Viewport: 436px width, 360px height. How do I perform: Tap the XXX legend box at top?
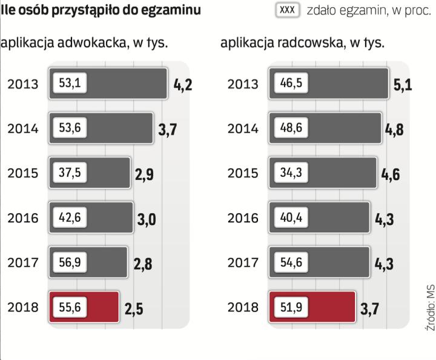(288, 11)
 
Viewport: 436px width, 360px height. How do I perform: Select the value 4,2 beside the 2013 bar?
(183, 84)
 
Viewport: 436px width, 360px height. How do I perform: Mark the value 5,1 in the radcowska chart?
(403, 84)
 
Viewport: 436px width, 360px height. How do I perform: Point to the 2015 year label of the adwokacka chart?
(22, 173)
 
